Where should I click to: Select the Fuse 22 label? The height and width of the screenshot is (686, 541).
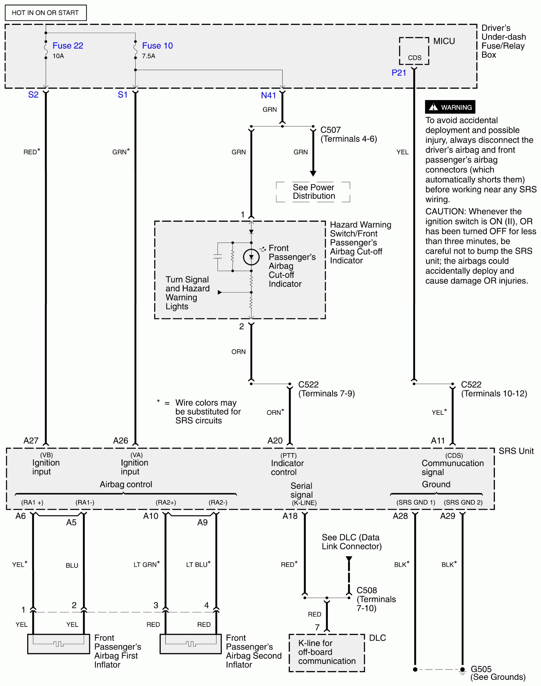[x=68, y=46]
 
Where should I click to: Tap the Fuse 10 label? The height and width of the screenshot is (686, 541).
[x=157, y=46]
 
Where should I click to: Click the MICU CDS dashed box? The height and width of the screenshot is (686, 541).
[x=414, y=51]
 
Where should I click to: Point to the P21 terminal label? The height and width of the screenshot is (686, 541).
[x=399, y=73]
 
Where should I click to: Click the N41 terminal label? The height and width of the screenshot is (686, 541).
[x=268, y=95]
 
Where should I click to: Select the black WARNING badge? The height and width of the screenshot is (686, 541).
[x=450, y=107]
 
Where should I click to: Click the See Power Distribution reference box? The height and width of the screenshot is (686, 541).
[x=313, y=192]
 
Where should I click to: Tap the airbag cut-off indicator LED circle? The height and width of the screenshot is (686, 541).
[x=251, y=257]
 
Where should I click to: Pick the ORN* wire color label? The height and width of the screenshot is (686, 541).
[x=275, y=412]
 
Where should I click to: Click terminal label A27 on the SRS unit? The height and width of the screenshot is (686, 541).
[x=31, y=441]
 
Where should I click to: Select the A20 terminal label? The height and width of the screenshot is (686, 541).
[x=275, y=441]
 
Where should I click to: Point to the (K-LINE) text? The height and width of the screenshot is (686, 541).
[x=304, y=503]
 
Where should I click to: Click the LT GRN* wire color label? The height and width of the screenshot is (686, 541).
[x=146, y=565]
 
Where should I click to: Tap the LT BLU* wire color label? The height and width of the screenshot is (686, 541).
[x=198, y=565]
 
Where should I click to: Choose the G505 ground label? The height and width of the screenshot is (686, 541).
[x=481, y=669]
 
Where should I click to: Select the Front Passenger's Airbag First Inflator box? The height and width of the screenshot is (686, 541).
[x=59, y=643]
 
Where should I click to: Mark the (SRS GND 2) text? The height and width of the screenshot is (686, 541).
[x=463, y=502]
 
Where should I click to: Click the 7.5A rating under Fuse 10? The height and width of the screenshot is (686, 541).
[x=149, y=56]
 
